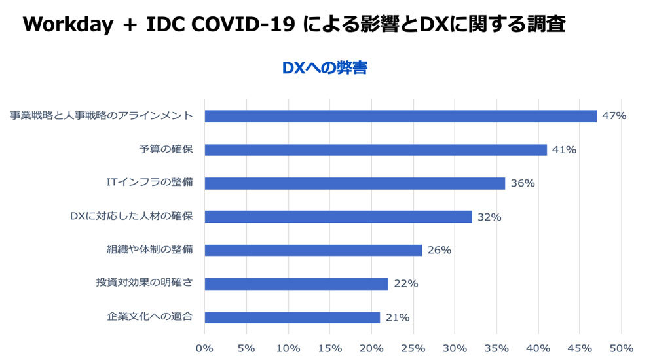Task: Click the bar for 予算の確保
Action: tap(375, 150)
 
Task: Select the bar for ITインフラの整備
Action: tap(354, 183)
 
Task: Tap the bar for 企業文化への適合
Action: tap(292, 317)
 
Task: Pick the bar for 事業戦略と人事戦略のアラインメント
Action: tap(400, 116)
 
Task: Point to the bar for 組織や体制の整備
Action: tap(313, 250)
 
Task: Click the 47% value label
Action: tap(614, 116)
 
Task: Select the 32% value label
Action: tap(489, 217)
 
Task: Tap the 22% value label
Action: tap(405, 284)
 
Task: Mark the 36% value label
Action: tap(522, 183)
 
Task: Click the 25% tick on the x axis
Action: tap(413, 348)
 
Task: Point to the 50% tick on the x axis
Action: tap(621, 348)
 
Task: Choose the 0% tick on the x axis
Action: tap(205, 348)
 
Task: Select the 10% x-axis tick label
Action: tap(288, 348)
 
